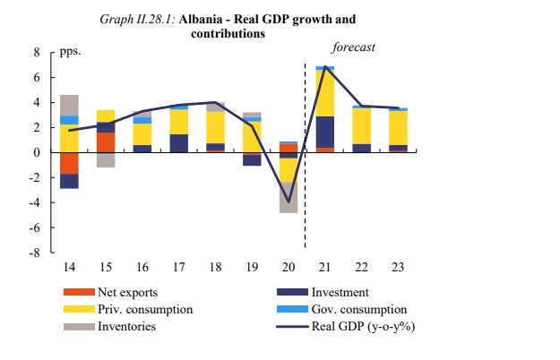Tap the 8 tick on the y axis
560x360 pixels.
tap(37, 53)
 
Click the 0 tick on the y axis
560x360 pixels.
tap(37, 153)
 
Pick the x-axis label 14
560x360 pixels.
tap(69, 268)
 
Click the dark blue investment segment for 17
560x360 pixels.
tap(178, 143)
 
